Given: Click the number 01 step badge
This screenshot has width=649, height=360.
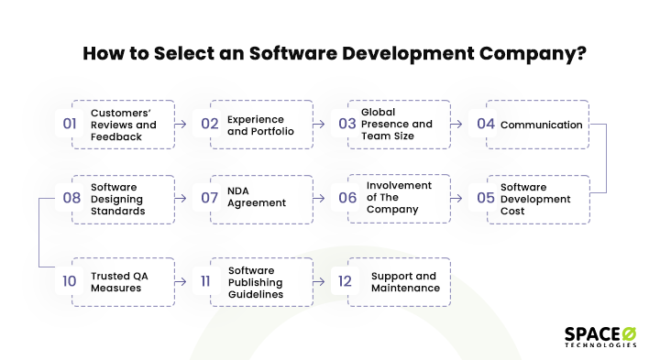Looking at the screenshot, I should (x=71, y=125).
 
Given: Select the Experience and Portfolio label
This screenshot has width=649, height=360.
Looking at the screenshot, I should (x=256, y=125).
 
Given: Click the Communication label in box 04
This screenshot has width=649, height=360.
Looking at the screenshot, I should (x=541, y=125).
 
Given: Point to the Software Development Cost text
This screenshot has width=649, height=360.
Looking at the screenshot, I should (x=535, y=200).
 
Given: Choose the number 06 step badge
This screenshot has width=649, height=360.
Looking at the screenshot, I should (x=347, y=199).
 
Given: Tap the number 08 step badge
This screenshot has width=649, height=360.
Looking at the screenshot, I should (x=71, y=199).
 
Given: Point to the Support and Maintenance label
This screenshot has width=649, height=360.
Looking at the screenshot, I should (x=405, y=282).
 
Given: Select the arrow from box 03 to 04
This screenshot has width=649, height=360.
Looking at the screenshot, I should (x=460, y=125).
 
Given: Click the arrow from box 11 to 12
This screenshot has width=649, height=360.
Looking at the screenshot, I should (x=320, y=282).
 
